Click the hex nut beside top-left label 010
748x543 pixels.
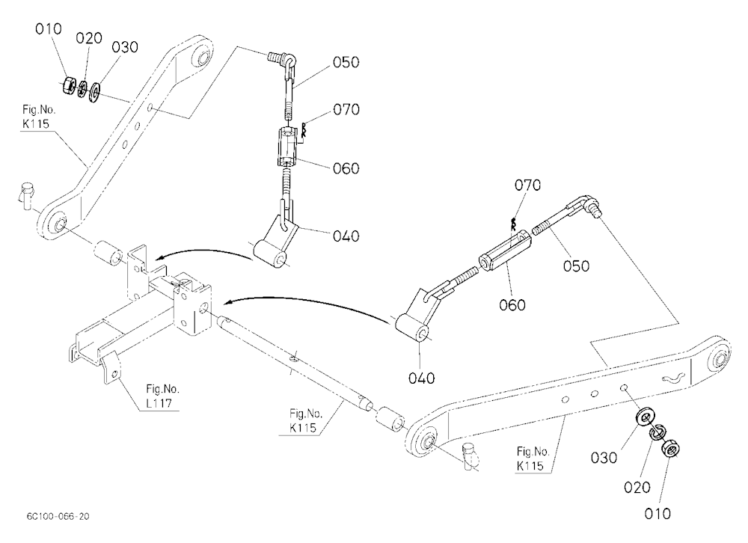(69, 85)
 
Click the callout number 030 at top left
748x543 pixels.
(125, 47)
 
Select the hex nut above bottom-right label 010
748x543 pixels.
(671, 447)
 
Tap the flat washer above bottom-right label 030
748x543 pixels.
(645, 417)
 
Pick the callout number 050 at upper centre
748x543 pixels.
(346, 62)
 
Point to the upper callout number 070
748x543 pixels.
(346, 110)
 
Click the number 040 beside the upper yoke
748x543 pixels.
(346, 236)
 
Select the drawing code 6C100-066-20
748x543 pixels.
(58, 516)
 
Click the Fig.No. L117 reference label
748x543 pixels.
(162, 396)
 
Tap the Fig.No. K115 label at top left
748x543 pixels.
(39, 117)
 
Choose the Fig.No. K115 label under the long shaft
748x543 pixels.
(306, 420)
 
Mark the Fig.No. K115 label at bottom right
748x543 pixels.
(533, 458)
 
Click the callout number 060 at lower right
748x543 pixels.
(512, 305)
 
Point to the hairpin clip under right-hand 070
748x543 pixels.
(513, 224)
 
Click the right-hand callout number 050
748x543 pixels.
(576, 266)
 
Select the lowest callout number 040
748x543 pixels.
(422, 378)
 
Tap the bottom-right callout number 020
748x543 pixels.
(637, 488)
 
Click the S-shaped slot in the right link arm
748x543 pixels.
(674, 378)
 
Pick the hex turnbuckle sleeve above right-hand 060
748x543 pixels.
(505, 251)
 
